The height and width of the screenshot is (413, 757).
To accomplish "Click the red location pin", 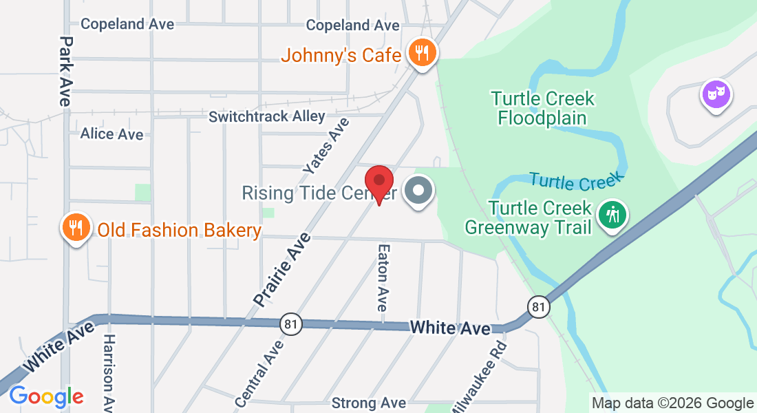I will point(379,181).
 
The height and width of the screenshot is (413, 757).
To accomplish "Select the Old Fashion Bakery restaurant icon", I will point(76,227).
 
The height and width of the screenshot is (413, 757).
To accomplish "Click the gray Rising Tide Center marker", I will point(418,191).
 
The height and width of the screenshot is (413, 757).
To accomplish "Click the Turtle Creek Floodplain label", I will point(543,108).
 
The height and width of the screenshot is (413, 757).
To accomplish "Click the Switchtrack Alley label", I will point(266,116).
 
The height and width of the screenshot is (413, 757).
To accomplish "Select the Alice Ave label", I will point(111,134).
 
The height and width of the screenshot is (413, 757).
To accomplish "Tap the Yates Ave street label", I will point(327,145).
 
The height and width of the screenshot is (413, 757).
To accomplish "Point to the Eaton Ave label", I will point(383,277).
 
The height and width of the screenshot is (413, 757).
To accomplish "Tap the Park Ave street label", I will point(65,70).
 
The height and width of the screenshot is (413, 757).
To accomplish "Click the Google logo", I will point(46,396).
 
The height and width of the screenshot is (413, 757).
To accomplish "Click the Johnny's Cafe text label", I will point(341,55).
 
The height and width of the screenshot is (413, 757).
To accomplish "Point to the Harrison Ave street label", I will point(109,372).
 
